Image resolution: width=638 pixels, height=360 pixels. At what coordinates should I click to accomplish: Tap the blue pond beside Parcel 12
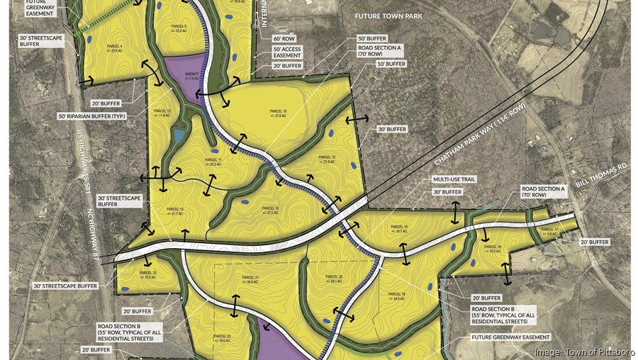coord(179,135)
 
